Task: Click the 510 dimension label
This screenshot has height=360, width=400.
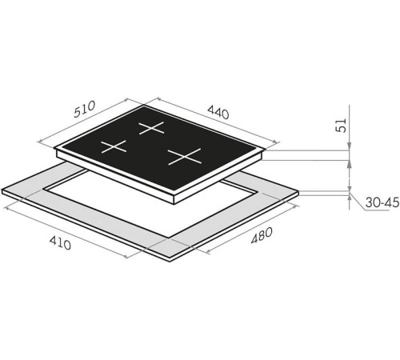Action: tap(84, 109)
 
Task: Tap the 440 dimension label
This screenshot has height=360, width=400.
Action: tap(218, 112)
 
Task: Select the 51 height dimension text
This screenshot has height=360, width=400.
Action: tap(342, 125)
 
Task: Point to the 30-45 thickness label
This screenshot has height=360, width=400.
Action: tap(382, 202)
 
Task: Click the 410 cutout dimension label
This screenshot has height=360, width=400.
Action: tap(60, 243)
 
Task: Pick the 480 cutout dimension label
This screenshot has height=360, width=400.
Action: tap(262, 235)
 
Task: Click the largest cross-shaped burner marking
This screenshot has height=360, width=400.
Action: tap(185, 157)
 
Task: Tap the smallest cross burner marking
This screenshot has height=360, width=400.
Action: tap(114, 146)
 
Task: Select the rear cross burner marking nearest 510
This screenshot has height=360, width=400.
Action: tap(151, 128)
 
